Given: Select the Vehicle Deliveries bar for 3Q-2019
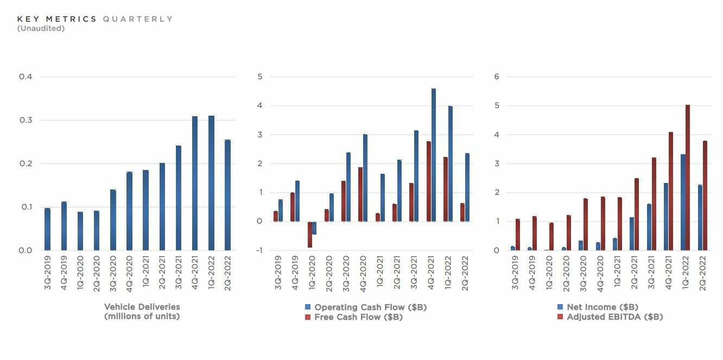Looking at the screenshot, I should [47, 229].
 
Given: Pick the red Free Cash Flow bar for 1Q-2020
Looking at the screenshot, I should [310, 235].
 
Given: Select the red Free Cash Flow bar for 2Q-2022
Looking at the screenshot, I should [462, 212].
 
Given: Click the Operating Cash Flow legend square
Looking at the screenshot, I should [308, 307].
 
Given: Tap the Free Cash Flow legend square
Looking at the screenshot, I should [308, 317].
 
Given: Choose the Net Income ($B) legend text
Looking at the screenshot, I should [602, 307].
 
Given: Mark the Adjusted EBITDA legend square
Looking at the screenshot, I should [560, 317].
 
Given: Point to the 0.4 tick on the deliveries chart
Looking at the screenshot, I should [26, 77].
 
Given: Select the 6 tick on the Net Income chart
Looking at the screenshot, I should [496, 77].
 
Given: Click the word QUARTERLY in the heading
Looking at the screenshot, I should [138, 19].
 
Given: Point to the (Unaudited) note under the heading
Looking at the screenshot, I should [41, 28].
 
